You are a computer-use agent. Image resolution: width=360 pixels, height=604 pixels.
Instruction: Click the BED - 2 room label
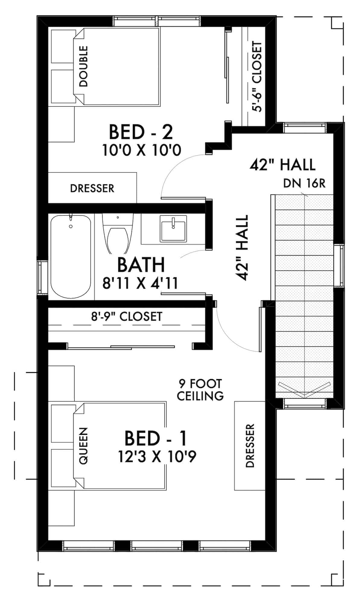point(141,132)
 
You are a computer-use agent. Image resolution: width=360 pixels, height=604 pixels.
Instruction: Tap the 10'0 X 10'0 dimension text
point(142,150)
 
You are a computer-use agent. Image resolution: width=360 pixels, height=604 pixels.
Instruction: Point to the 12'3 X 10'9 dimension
point(157,457)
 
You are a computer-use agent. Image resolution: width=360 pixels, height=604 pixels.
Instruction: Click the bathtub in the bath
point(71,256)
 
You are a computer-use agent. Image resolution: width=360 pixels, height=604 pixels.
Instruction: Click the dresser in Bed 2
point(92,188)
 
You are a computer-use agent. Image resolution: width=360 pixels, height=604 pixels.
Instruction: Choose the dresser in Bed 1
point(250,446)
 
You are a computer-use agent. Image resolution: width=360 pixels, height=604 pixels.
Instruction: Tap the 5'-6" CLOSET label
point(257,77)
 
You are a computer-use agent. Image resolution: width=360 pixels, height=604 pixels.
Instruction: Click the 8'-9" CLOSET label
point(127,316)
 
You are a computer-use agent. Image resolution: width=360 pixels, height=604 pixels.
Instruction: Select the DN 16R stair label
point(304,183)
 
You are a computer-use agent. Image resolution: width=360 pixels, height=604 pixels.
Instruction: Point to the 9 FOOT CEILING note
point(200,390)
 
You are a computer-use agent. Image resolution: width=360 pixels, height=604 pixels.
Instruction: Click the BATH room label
point(141,265)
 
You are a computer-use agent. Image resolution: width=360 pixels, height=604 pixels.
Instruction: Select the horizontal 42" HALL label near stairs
point(282,165)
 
